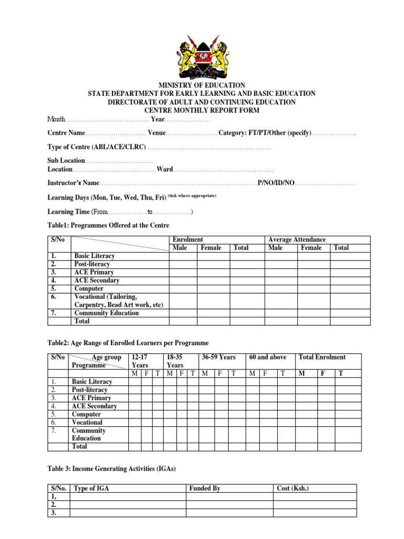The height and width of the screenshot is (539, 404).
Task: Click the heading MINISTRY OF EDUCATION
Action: [x=201, y=85]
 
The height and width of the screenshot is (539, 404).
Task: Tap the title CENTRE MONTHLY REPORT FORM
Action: [x=201, y=111]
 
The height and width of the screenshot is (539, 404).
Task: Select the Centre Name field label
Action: [x=66, y=133]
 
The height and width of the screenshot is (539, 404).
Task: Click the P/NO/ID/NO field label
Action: [x=275, y=183]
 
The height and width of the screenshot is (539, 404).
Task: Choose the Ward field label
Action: [x=165, y=169]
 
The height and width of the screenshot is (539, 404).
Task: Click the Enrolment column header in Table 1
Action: [x=188, y=239]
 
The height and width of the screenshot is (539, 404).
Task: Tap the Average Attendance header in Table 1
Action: [x=297, y=239]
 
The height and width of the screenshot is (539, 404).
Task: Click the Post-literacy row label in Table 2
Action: [x=89, y=390]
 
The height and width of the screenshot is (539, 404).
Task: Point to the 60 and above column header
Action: [x=268, y=357]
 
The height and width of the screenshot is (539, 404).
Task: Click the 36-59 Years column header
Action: [x=219, y=357]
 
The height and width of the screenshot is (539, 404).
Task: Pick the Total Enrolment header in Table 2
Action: [x=322, y=357]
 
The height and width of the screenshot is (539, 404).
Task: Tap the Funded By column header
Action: [x=205, y=488]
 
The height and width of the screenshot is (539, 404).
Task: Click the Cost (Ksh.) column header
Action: [x=293, y=488]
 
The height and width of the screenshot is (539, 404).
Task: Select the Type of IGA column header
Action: [x=93, y=488]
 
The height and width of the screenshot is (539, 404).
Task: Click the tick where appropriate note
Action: [x=192, y=196]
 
